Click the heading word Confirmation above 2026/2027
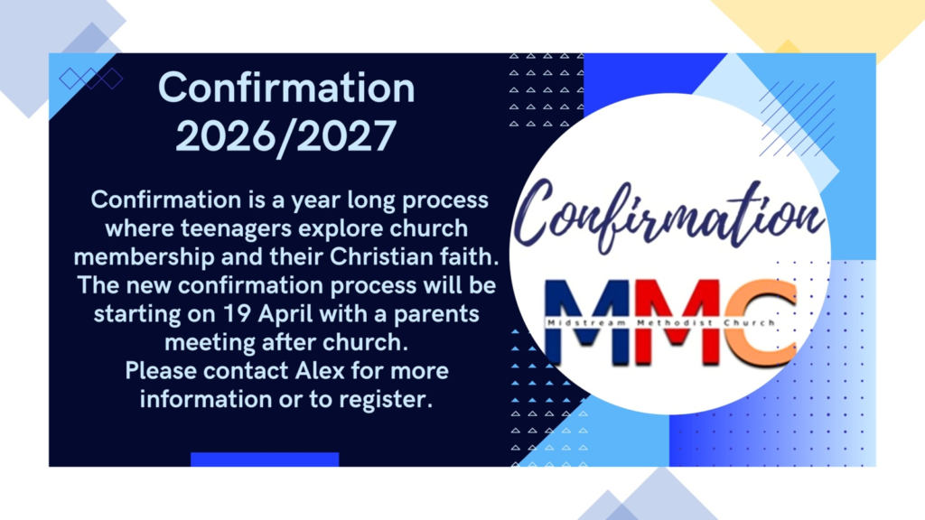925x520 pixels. (286, 88)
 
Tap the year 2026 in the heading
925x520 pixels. (225, 136)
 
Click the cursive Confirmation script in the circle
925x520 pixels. (668, 216)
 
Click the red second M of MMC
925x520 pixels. (677, 320)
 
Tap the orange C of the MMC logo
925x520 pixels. (761, 322)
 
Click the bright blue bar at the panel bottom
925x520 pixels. (265, 460)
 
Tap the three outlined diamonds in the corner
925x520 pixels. (91, 79)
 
